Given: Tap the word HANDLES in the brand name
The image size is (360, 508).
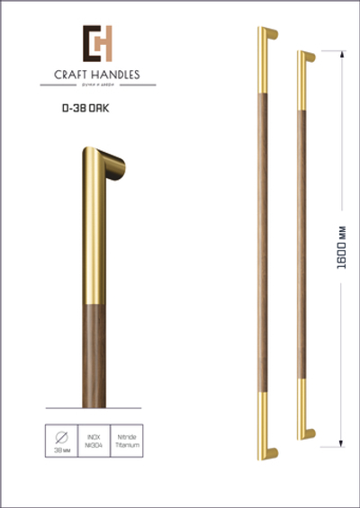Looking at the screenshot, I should pos(114,75).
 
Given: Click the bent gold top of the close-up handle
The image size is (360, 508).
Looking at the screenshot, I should pos(103,166).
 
